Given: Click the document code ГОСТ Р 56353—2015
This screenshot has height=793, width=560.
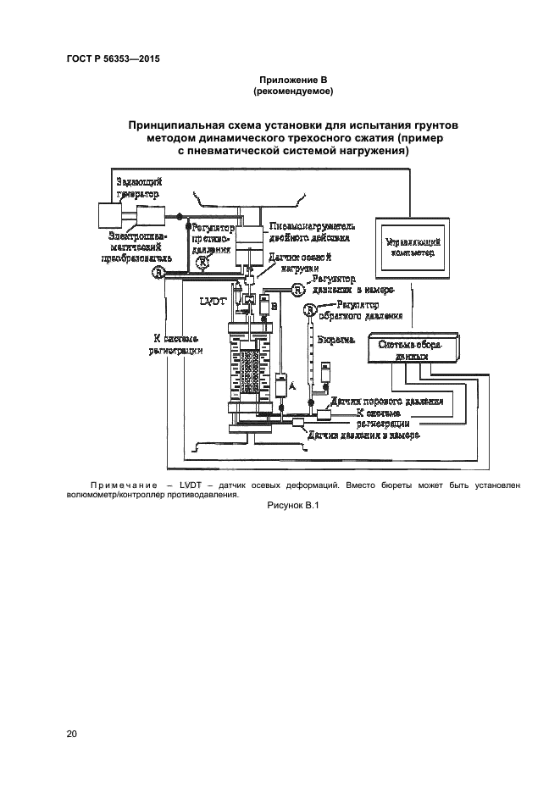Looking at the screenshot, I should point(113,59).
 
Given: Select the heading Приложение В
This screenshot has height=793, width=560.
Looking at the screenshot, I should point(292,79).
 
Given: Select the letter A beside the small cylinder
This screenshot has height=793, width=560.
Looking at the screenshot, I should point(292,385).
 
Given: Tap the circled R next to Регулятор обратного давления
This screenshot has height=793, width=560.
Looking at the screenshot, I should point(311,312).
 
